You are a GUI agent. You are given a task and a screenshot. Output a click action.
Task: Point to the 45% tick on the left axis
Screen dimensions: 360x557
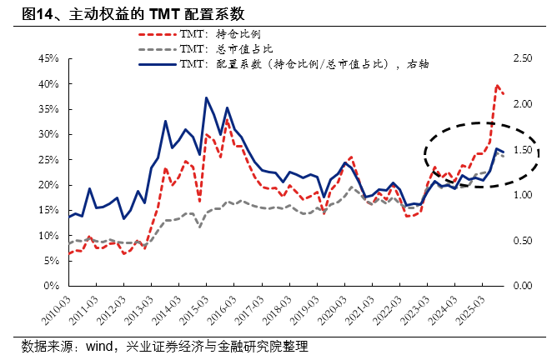tap(46, 59)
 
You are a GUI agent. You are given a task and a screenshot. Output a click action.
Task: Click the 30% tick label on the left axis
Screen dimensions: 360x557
tap(46, 134)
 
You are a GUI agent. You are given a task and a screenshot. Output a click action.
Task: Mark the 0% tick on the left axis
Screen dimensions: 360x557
tap(49, 286)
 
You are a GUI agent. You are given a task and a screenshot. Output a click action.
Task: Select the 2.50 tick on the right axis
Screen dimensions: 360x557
tap(524, 59)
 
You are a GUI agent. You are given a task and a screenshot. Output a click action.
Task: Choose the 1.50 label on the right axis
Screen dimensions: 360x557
tap(524, 150)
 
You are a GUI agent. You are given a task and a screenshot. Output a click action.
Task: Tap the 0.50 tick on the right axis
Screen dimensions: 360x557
tap(524, 241)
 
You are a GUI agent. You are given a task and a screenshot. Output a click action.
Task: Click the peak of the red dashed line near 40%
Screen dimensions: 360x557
tap(498, 85)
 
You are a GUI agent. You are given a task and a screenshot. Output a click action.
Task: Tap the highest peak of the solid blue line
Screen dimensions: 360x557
tap(206, 97)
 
